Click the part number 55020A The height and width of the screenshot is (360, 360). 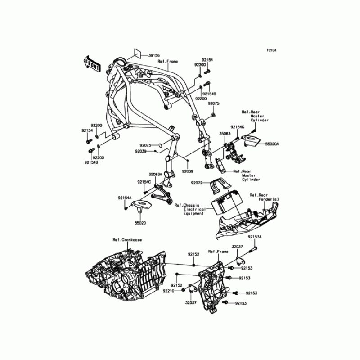(272, 144)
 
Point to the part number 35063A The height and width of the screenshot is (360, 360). (155, 173)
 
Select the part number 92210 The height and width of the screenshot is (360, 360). (176, 291)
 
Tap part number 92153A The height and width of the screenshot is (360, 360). (254, 236)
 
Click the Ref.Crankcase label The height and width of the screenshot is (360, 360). (127, 240)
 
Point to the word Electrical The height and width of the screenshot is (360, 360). (195, 209)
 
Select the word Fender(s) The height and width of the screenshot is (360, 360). (269, 199)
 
